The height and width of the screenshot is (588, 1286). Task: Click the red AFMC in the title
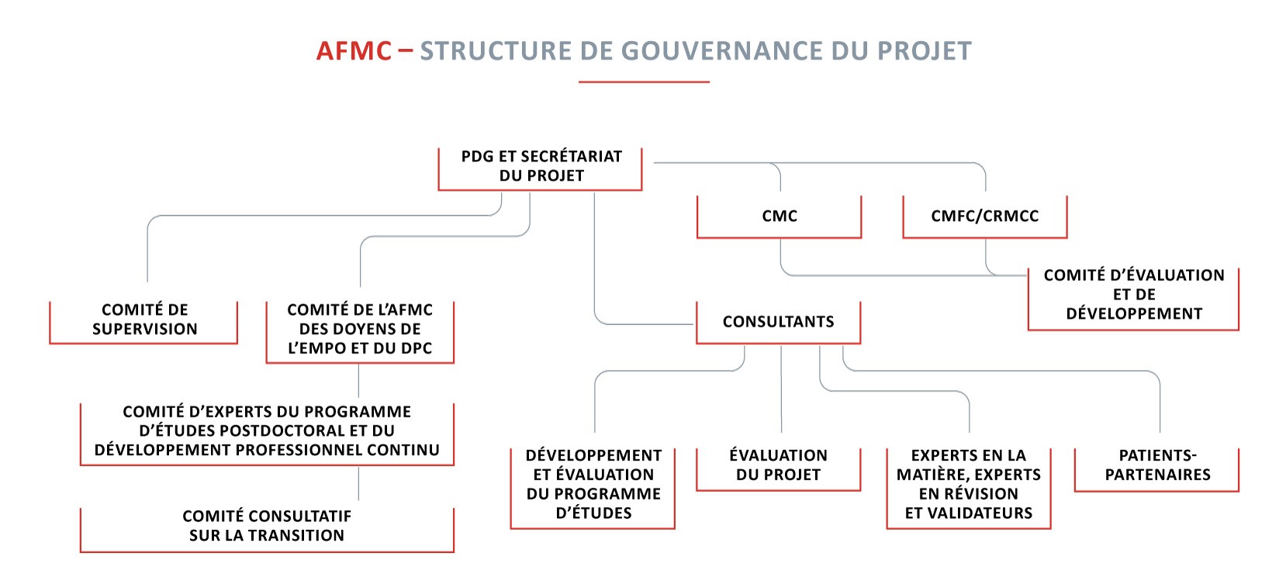coord(354,50)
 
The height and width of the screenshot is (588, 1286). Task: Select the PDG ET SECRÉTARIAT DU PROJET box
coord(541,169)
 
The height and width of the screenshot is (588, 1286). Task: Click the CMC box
coord(779,216)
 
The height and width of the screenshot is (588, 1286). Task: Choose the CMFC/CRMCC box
coord(984,216)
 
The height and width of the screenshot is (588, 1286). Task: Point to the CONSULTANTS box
coord(779,322)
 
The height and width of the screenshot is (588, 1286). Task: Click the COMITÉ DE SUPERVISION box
coord(143,322)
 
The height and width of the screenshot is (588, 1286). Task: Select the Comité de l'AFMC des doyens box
coord(360,332)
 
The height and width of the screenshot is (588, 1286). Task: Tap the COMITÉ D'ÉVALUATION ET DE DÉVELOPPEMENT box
coord(1133,299)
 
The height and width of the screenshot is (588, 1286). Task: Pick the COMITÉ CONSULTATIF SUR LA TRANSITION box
coord(267,529)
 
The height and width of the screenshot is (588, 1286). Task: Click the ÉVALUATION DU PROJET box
coord(779,469)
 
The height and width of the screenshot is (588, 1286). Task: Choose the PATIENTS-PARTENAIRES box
coord(1156,469)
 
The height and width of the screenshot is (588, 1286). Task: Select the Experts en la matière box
coord(969,488)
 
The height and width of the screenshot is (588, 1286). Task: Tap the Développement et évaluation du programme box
coord(593,488)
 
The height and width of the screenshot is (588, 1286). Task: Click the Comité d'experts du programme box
coord(267,434)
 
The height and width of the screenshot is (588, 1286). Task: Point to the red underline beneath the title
coord(644,82)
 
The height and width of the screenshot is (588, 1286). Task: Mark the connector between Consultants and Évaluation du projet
coord(781,389)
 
